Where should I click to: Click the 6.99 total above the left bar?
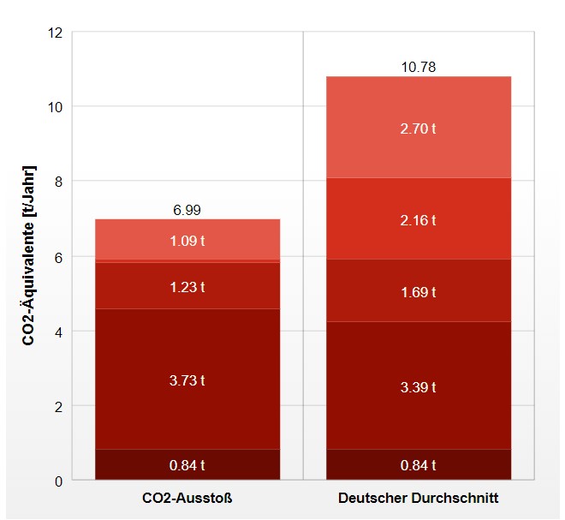click(x=187, y=210)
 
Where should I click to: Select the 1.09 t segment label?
click(x=187, y=241)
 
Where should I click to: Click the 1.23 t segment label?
click(x=187, y=286)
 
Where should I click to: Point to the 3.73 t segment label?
click(x=187, y=380)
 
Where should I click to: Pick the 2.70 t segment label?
click(x=419, y=129)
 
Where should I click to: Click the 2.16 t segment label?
click(x=419, y=220)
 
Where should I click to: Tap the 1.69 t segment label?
click(x=419, y=292)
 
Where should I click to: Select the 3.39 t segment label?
click(x=419, y=387)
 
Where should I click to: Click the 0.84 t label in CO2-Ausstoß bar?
click(x=187, y=466)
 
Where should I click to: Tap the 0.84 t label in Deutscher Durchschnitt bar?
click(x=419, y=466)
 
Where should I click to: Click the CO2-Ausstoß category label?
click(x=187, y=498)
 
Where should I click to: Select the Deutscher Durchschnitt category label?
click(x=419, y=498)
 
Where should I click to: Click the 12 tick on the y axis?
click(x=56, y=33)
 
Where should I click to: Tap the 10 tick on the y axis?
click(x=56, y=107)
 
